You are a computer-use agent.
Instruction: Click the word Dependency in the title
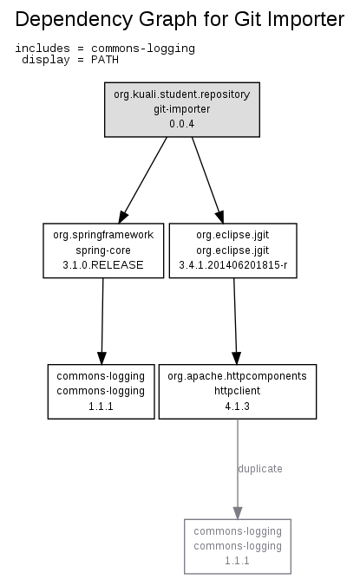pyautogui.click(x=74, y=20)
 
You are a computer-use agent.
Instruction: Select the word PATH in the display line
pyautogui.click(x=105, y=60)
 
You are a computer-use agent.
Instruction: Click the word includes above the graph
pyautogui.click(x=43, y=49)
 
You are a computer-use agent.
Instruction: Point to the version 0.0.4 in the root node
pyautogui.click(x=182, y=124)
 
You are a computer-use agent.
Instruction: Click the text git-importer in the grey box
pyautogui.click(x=182, y=109)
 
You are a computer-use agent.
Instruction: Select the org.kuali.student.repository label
pyautogui.click(x=182, y=94)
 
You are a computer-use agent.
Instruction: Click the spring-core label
pyautogui.click(x=103, y=250)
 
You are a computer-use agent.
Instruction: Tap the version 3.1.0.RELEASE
pyautogui.click(x=103, y=265)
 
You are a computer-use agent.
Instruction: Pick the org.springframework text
pyautogui.click(x=103, y=235)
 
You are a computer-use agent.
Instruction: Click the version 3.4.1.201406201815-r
pyautogui.click(x=232, y=265)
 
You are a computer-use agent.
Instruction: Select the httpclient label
pyautogui.click(x=238, y=391)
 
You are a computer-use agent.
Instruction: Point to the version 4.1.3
pyautogui.click(x=238, y=407)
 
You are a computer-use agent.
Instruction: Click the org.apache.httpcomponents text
pyautogui.click(x=238, y=376)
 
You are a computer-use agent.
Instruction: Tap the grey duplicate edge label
pyautogui.click(x=260, y=469)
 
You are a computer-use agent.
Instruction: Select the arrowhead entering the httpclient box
pyautogui.click(x=237, y=358)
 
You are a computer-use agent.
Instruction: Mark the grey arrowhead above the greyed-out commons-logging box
pyautogui.click(x=238, y=513)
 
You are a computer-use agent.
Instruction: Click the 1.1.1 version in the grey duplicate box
pyautogui.click(x=238, y=561)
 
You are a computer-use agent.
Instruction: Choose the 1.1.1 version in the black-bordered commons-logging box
pyautogui.click(x=101, y=407)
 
